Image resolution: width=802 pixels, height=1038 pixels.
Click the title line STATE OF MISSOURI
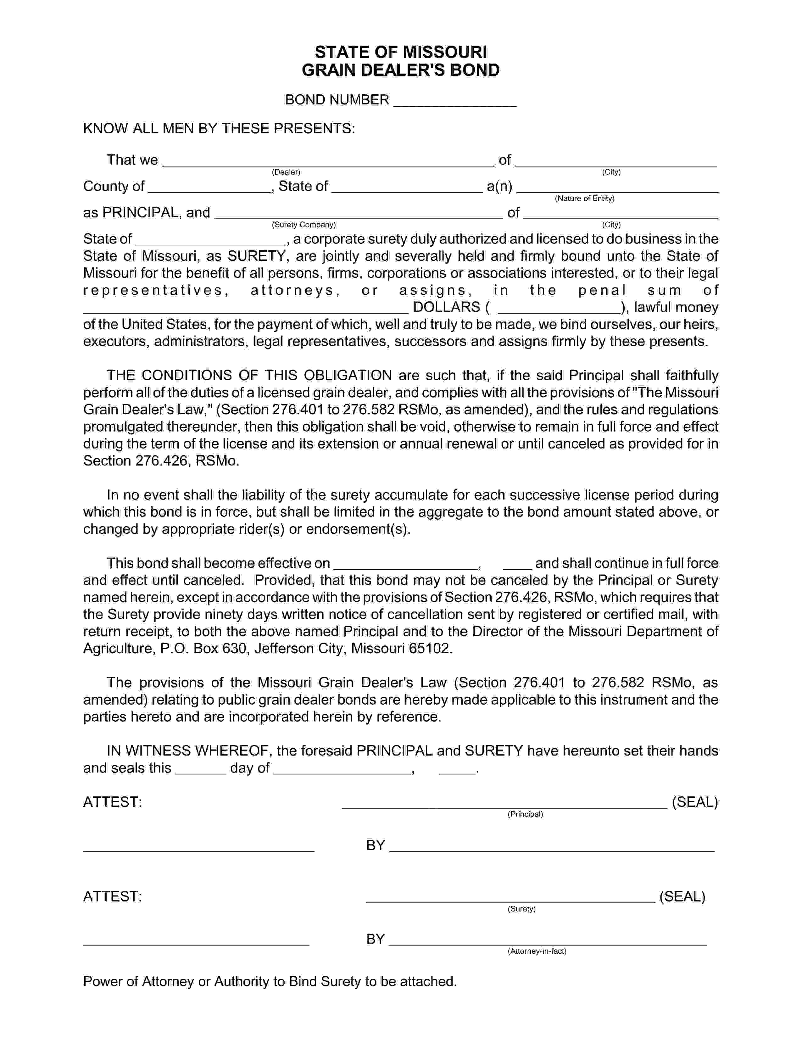click(x=400, y=52)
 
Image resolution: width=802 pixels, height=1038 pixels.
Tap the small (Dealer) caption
click(x=286, y=172)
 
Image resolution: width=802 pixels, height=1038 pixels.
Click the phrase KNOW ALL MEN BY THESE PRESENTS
click(x=219, y=128)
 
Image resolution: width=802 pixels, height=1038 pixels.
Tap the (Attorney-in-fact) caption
click(x=537, y=951)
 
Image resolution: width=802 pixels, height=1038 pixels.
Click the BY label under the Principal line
click(x=375, y=845)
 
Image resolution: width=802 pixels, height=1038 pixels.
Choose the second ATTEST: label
click(x=113, y=896)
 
